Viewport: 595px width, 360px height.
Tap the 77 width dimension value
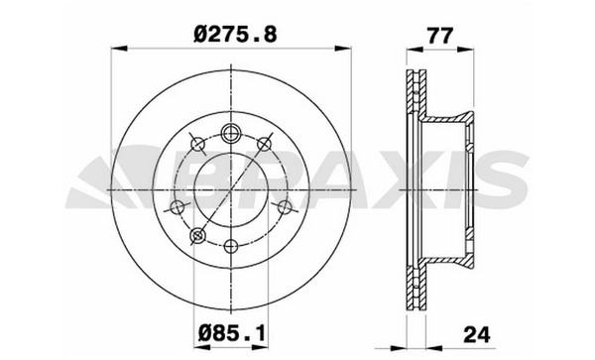(440, 36)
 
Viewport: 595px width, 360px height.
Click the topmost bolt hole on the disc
(231, 133)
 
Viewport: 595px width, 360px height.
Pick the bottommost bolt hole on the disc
(231, 246)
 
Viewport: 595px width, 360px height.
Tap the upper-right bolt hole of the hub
(264, 144)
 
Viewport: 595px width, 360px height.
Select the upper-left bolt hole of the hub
(197, 144)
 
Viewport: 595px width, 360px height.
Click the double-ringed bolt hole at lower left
(197, 236)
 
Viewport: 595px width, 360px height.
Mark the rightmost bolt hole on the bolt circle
(285, 207)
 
